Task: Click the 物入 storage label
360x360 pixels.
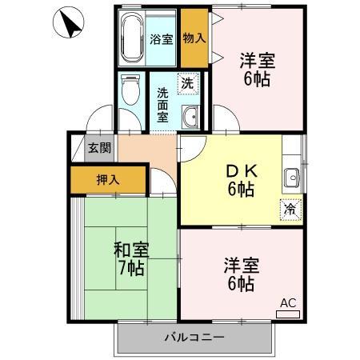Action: click(194, 38)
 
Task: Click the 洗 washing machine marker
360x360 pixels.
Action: click(186, 82)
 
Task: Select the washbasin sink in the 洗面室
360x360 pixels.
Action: click(190, 118)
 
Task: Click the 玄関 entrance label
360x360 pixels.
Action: click(99, 148)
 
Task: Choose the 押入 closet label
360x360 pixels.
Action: click(108, 179)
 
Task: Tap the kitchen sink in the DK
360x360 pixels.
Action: click(291, 178)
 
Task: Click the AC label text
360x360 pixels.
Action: click(287, 303)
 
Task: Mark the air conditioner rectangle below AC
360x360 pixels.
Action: click(288, 314)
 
